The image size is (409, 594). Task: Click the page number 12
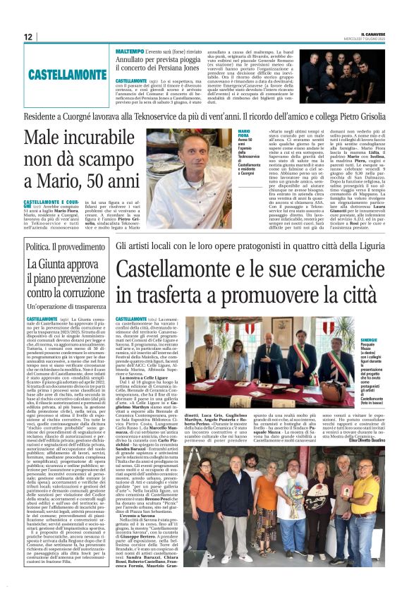pos(29,37)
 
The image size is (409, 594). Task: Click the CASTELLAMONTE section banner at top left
pos(68,74)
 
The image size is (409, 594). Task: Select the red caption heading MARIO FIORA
pos(247,132)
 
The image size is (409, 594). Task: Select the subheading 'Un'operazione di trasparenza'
pos(67,307)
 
